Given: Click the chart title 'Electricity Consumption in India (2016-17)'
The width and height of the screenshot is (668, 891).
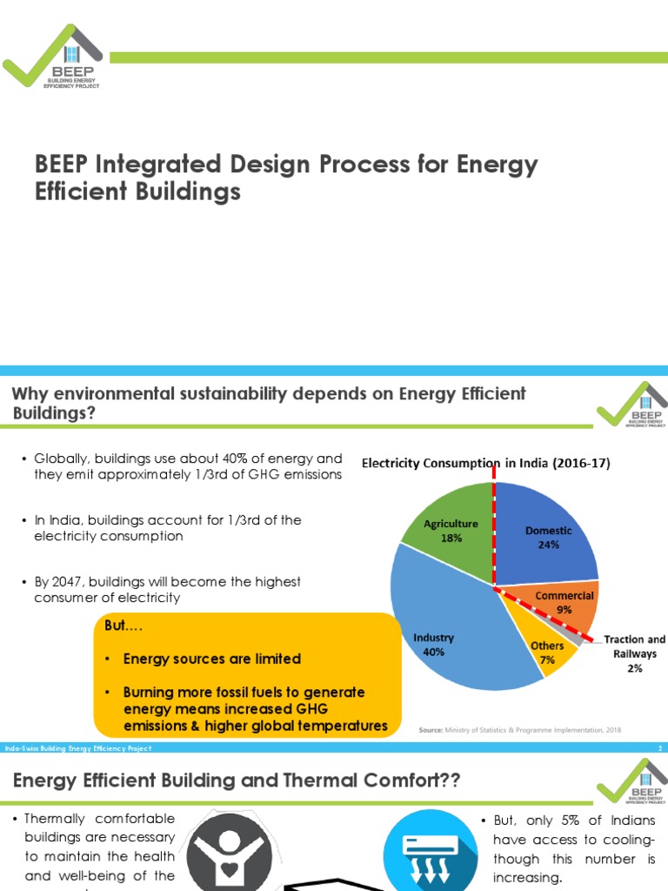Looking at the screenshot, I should [x=485, y=463].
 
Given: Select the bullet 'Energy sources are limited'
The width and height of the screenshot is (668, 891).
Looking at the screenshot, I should [x=211, y=659].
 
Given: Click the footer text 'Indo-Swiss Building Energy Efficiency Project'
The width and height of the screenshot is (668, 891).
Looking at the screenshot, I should [x=78, y=748].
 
